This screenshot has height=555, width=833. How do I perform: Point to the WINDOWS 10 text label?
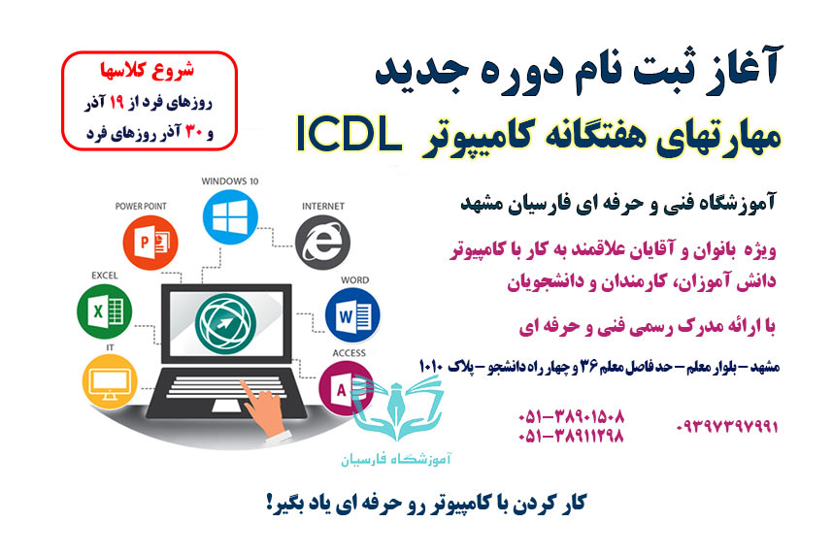[x=227, y=180]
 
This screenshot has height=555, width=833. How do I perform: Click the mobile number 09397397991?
[x=727, y=426]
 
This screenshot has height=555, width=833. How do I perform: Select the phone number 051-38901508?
[x=570, y=416]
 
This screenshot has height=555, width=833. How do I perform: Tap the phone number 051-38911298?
[x=570, y=437]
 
